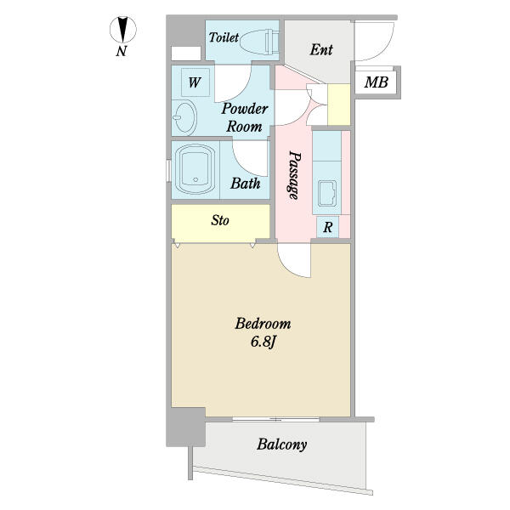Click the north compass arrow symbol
point(123,30)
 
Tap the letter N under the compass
point(122,51)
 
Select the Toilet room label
point(224,37)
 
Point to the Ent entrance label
point(321,50)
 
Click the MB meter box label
point(376,82)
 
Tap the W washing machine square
point(195,82)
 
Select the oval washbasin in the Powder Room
point(184,117)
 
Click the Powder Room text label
point(245,117)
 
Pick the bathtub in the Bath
point(195,169)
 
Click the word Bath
point(246,184)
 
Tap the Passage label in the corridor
point(294,175)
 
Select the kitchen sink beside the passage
point(327,194)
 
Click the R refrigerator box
point(328,227)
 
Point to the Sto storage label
point(220,220)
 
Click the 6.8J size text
point(263,343)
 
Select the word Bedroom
point(263,324)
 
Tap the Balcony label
point(281,445)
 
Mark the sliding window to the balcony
point(276,419)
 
